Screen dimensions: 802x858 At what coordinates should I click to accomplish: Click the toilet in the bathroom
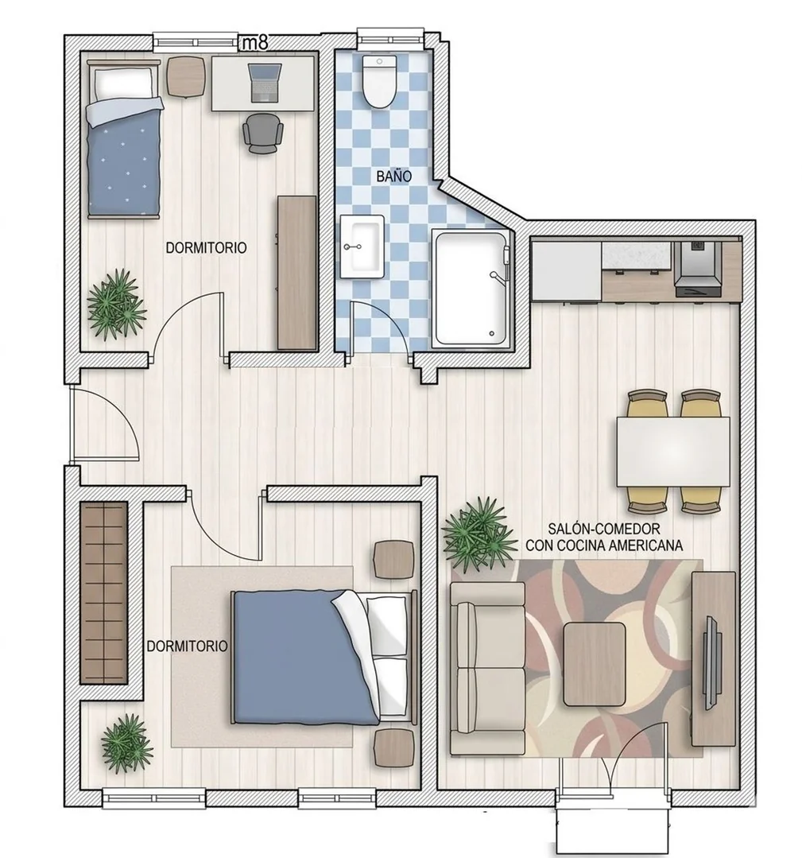378,81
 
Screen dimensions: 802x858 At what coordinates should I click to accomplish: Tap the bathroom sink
362,247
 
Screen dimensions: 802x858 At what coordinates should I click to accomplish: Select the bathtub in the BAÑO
471,289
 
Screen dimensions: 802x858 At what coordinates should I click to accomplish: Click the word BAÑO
394,177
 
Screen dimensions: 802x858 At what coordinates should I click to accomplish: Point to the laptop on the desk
265,83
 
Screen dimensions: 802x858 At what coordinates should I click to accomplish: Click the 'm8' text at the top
255,42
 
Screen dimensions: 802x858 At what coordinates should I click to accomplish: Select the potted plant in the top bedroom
117,305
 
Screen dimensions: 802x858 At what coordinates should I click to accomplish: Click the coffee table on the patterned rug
595,664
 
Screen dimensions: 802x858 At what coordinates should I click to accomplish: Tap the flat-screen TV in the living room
711,662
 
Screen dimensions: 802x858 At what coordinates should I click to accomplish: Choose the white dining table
673,452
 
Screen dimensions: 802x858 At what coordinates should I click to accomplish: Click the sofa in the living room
487,669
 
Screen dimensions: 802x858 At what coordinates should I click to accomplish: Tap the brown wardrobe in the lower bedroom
104,593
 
